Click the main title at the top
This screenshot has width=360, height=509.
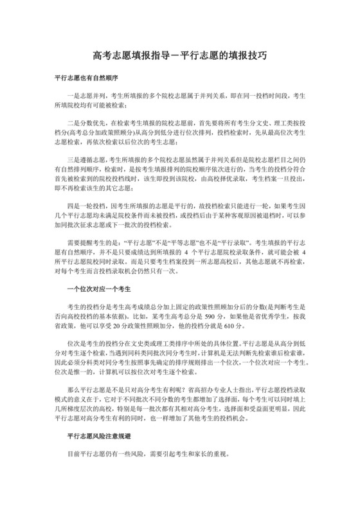[x=179, y=56]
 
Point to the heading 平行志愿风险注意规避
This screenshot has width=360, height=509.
[x=98, y=437]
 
